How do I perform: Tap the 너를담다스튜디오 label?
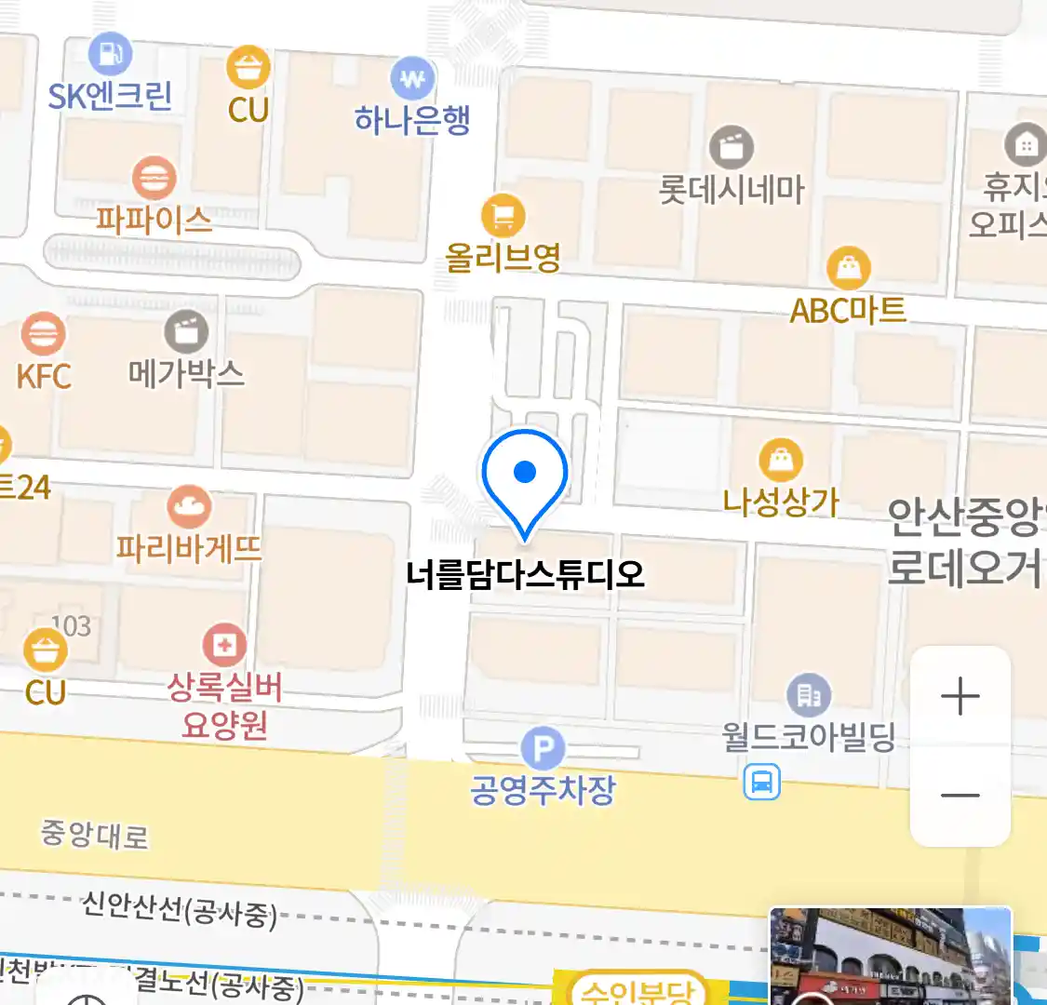coord(525,573)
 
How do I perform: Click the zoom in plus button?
coord(960,696)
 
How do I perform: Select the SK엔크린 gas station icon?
coord(110,54)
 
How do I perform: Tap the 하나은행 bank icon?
coord(412,79)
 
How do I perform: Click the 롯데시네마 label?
coord(732,190)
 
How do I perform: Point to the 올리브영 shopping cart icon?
coord(503,217)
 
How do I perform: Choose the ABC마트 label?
coord(848,310)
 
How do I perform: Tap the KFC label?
coord(44,377)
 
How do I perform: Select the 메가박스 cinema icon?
coord(186,331)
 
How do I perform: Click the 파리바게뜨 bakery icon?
coord(189,507)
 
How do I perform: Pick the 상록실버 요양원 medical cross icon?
coord(224,645)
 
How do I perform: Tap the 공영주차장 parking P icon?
coord(543,749)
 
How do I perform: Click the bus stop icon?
coord(761,782)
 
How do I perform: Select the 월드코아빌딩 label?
coord(808,737)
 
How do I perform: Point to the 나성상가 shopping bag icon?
coord(781,461)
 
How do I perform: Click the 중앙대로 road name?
coord(94,834)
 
